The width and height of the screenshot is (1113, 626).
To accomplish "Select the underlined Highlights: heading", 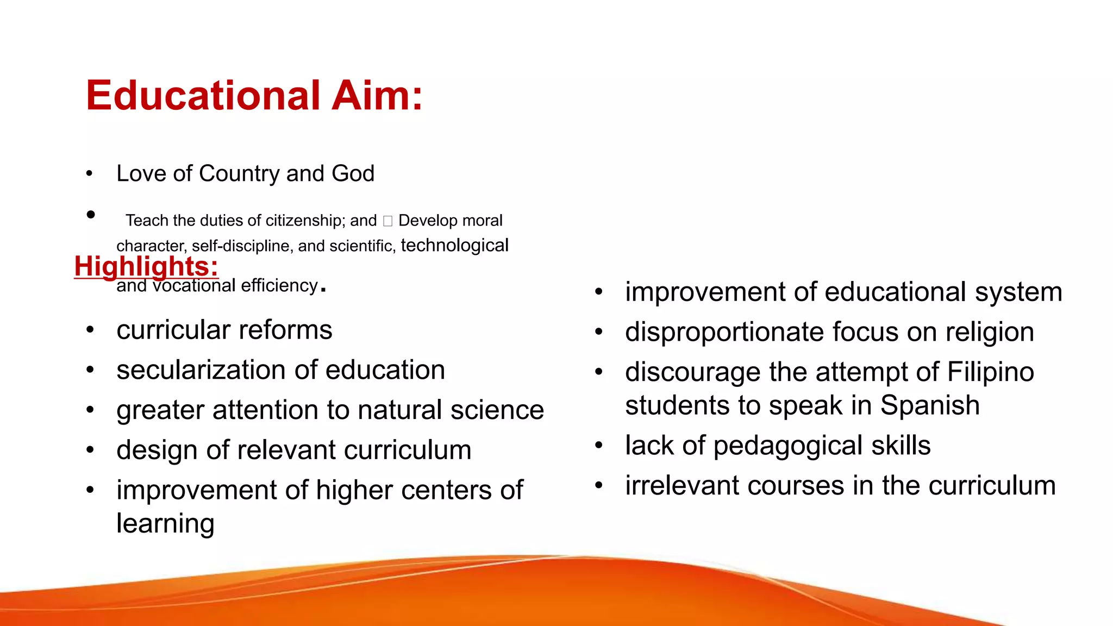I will click(x=146, y=266).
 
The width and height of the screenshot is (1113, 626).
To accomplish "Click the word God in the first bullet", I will click(x=353, y=174).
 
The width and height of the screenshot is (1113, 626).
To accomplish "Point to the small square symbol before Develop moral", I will click(x=387, y=221).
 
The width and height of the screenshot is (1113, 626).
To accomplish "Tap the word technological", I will click(x=454, y=245).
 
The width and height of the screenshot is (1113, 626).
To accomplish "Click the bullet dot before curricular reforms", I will click(x=90, y=330).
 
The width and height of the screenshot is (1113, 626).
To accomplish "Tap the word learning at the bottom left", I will click(x=165, y=523).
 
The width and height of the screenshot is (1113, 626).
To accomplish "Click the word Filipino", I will click(x=990, y=372).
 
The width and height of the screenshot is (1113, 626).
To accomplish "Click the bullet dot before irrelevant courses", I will click(x=599, y=485).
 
